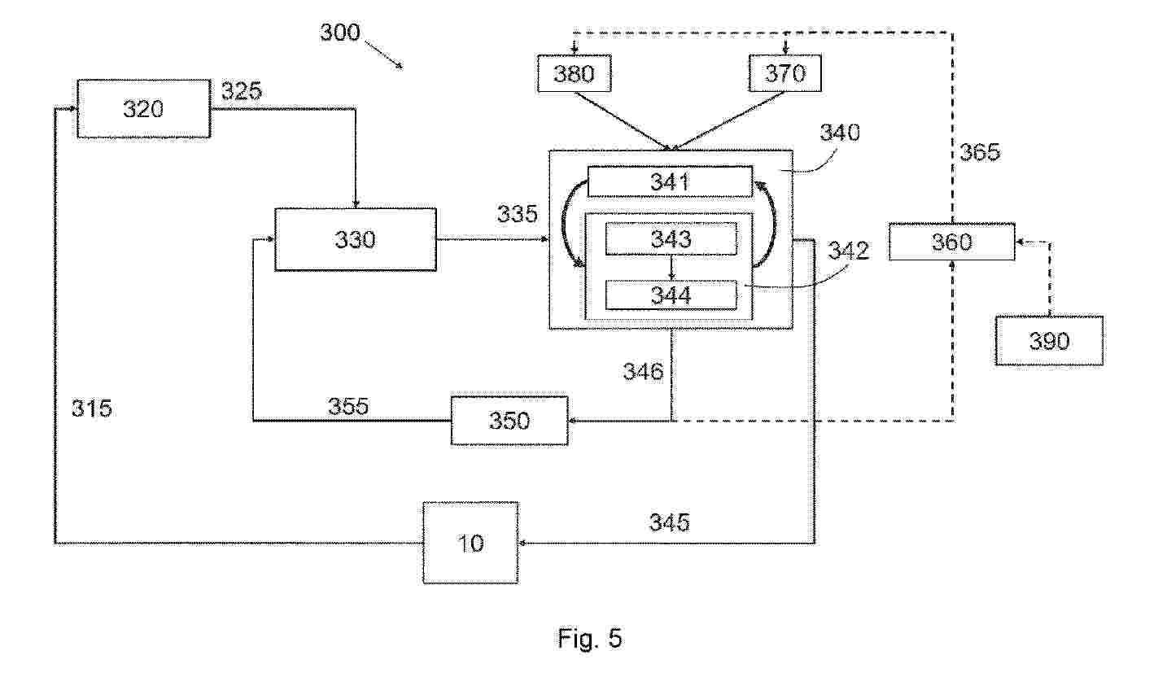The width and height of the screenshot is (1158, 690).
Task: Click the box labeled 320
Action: [143, 108]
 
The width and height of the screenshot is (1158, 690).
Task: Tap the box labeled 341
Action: [670, 181]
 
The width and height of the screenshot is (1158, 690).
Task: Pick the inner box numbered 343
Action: [671, 238]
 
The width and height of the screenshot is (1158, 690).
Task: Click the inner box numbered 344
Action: [671, 295]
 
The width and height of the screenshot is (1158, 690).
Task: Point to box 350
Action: [509, 420]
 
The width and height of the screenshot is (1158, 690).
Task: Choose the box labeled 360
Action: [951, 242]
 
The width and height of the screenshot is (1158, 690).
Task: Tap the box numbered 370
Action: [785, 74]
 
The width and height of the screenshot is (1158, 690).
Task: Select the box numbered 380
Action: [575, 74]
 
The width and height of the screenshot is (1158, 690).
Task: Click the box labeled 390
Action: [1049, 340]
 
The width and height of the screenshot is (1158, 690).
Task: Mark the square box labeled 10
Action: [470, 543]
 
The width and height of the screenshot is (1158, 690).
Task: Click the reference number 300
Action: [339, 33]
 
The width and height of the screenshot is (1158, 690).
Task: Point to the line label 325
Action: [242, 90]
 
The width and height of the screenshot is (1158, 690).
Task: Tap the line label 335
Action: [518, 215]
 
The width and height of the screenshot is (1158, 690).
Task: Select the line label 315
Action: [91, 408]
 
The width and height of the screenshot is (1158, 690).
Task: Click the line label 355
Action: [348, 406]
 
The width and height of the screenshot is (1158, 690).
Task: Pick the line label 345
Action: [669, 522]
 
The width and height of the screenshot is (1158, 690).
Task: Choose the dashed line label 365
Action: [980, 152]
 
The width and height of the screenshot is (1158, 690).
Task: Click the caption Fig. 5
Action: [590, 639]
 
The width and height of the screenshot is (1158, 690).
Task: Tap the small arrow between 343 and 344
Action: [671, 267]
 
